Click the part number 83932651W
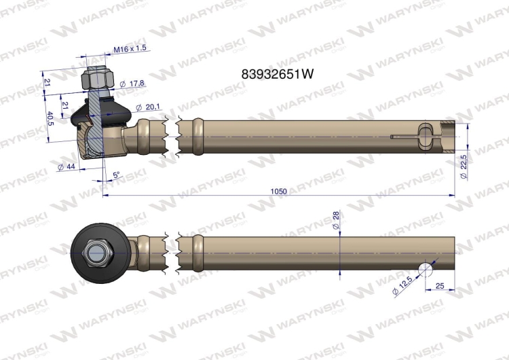[278, 74]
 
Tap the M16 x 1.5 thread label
[130, 49]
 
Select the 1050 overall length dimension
[278, 191]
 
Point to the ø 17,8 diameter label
[132, 84]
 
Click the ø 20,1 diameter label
[148, 107]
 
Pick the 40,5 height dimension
[50, 119]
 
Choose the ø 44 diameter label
[67, 167]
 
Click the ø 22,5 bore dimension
[464, 167]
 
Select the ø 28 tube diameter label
[336, 219]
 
